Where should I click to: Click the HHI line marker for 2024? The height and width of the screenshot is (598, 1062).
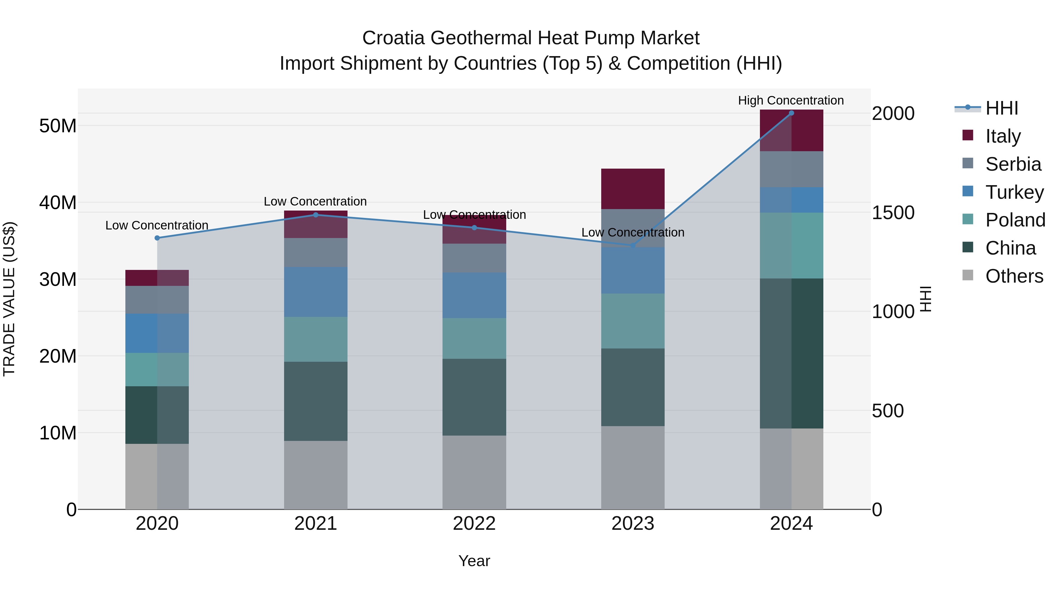point(791,113)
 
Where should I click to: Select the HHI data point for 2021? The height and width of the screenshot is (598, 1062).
point(316,215)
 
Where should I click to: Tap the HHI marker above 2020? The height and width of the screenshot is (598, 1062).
point(157,238)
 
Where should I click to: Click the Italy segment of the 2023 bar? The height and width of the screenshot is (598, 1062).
point(632,189)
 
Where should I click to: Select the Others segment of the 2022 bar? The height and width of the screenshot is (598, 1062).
point(474,472)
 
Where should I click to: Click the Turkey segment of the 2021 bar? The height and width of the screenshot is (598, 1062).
point(316,292)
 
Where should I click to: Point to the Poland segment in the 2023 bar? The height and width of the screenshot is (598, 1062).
point(632,321)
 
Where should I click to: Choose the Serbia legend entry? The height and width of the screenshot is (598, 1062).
point(1013,164)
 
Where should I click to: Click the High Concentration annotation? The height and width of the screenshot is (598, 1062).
point(791,101)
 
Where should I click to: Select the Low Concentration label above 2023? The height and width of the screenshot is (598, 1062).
point(632,233)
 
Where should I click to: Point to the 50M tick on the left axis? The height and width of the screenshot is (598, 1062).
point(58,126)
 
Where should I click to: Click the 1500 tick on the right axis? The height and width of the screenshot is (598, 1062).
point(893,213)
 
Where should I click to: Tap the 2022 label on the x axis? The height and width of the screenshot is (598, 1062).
point(474,524)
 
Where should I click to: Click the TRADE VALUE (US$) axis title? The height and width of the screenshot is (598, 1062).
point(9,299)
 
